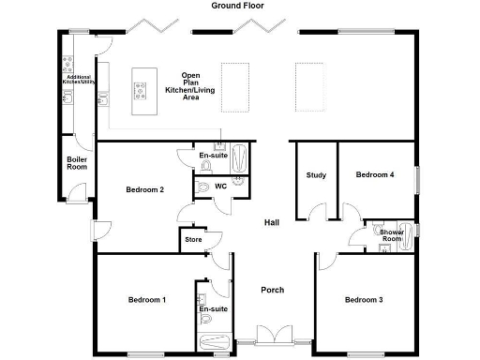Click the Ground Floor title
(239, 6)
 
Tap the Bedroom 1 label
(146, 300)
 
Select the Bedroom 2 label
(145, 190)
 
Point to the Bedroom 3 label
(363, 300)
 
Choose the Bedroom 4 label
(374, 174)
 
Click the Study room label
(316, 175)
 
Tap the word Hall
(272, 223)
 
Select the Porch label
(272, 290)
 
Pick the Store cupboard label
(193, 240)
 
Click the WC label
(221, 186)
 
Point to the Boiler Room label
(77, 163)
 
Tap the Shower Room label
(392, 235)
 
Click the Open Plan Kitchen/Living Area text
(190, 85)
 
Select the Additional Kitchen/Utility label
(79, 79)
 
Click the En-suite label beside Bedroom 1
(213, 307)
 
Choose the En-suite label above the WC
(213, 155)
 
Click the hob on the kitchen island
(142, 91)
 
